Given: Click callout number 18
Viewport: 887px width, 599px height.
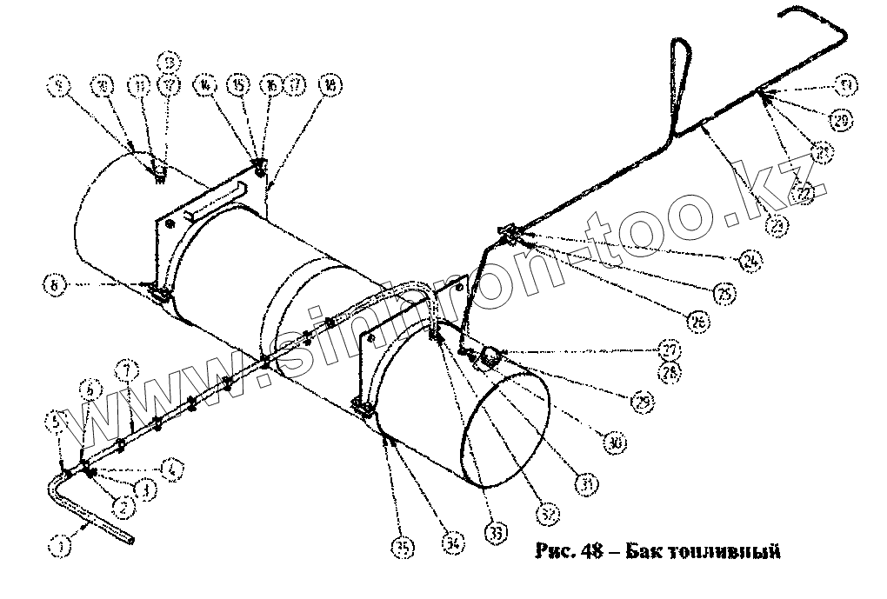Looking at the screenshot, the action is tap(330, 84).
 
